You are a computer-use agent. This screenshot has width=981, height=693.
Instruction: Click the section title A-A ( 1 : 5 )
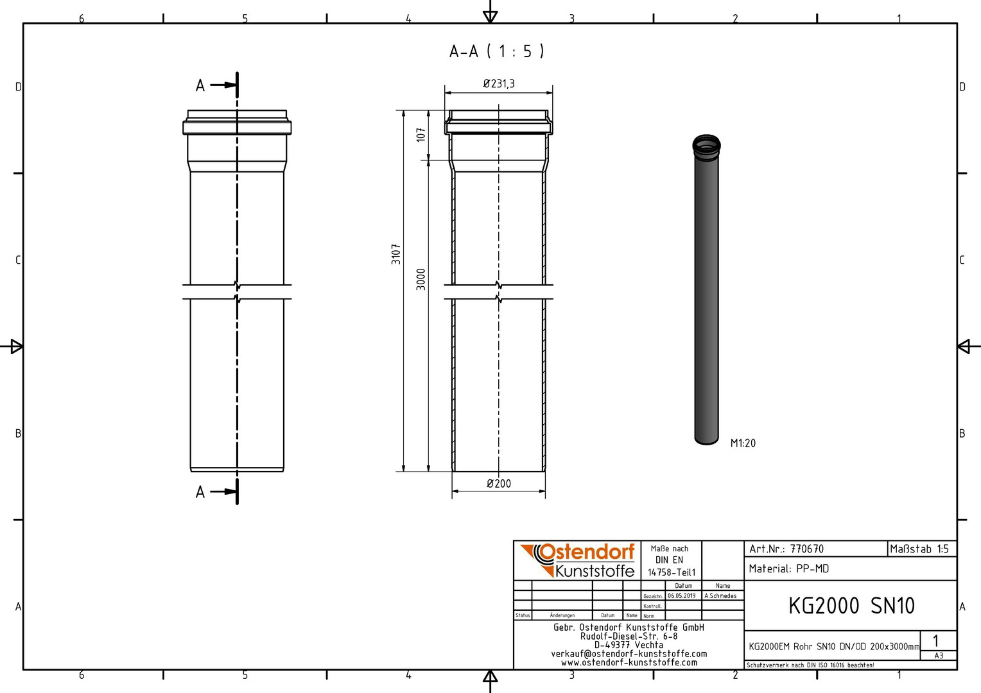coord(497,52)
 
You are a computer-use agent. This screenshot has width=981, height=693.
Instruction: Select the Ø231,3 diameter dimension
coord(499,83)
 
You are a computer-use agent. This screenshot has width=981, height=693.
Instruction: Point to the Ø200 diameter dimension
coord(499,483)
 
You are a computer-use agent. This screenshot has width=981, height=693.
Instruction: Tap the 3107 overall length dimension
coord(396,254)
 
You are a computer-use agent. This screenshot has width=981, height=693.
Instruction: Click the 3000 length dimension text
coord(421,279)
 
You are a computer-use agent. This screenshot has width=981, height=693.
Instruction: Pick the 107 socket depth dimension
coord(421,134)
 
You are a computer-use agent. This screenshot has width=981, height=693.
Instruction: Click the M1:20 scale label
coord(743,443)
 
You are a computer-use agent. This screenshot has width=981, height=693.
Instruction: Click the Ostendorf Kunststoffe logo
coord(578,560)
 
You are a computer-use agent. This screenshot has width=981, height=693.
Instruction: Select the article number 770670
coord(807,549)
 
